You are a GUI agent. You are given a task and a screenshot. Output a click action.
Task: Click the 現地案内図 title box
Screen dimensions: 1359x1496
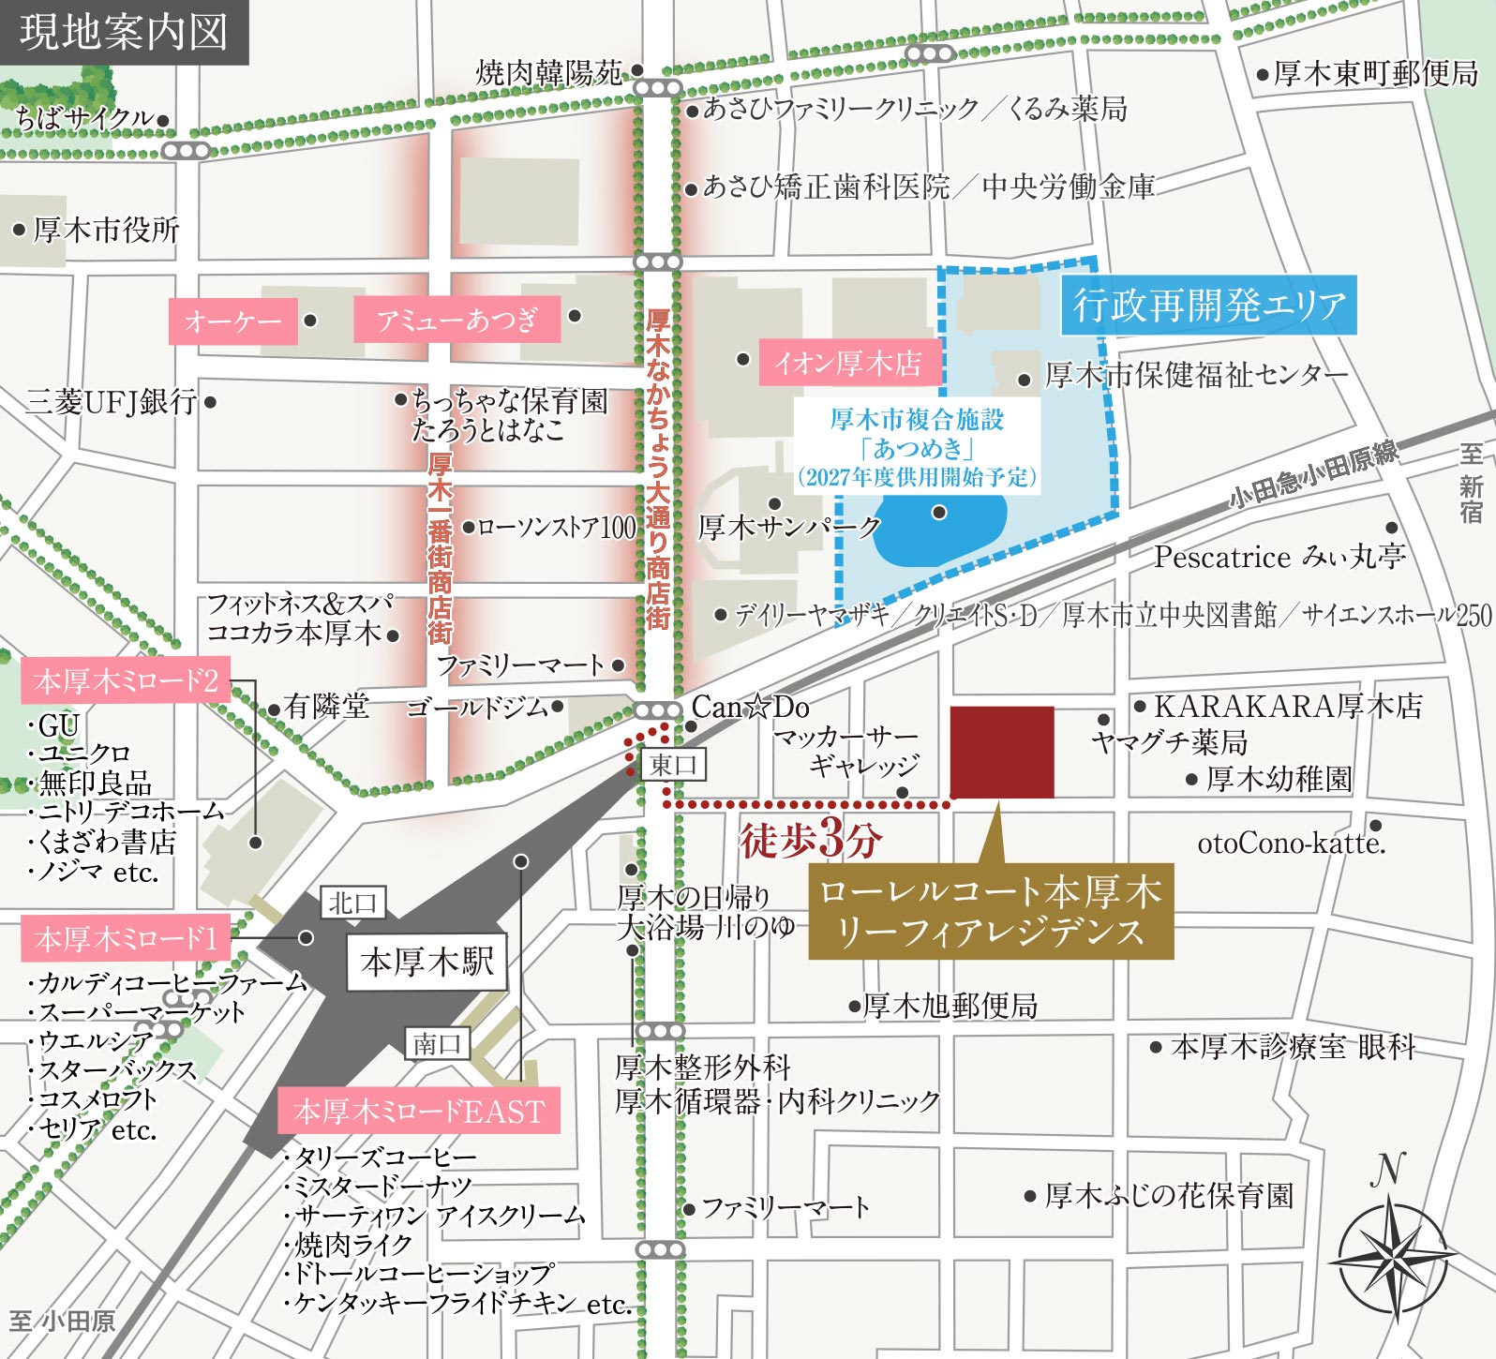point(124,32)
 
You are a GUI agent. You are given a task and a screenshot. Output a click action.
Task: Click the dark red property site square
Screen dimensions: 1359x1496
point(1002,752)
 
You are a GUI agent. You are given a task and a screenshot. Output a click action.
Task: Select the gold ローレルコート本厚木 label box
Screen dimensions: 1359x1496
point(991,911)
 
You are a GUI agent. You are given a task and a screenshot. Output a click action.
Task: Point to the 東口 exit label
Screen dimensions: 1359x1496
point(674,765)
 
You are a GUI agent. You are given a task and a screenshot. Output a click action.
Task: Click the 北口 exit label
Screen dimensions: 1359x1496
point(352,903)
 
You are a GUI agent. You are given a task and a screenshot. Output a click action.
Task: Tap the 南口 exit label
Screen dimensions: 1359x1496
point(437,1043)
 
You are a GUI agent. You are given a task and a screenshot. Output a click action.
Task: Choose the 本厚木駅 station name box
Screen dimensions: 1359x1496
point(426,962)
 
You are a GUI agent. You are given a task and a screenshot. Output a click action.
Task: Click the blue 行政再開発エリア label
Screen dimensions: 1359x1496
point(1209,305)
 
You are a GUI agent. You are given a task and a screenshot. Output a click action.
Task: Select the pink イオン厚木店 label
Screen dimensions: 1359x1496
point(848,363)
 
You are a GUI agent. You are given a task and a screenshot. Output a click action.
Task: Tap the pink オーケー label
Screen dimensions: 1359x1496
point(232,321)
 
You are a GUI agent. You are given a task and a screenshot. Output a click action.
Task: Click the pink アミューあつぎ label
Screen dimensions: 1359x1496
point(456,320)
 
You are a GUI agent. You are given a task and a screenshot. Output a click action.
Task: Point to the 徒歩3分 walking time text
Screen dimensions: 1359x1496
point(810,839)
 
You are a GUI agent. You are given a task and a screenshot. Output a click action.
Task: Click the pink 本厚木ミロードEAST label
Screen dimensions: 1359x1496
point(419,1112)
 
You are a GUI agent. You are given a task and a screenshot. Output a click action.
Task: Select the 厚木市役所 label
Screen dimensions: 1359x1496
point(105,230)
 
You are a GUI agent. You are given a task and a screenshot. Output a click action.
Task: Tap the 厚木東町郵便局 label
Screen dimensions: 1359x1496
point(1375,73)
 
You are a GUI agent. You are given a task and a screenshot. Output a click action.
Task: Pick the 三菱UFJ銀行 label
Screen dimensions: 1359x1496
point(112,402)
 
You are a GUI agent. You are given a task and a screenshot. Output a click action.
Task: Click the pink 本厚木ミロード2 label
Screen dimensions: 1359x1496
point(126,681)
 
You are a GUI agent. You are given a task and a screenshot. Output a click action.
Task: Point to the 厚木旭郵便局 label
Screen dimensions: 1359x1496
point(950,1006)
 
